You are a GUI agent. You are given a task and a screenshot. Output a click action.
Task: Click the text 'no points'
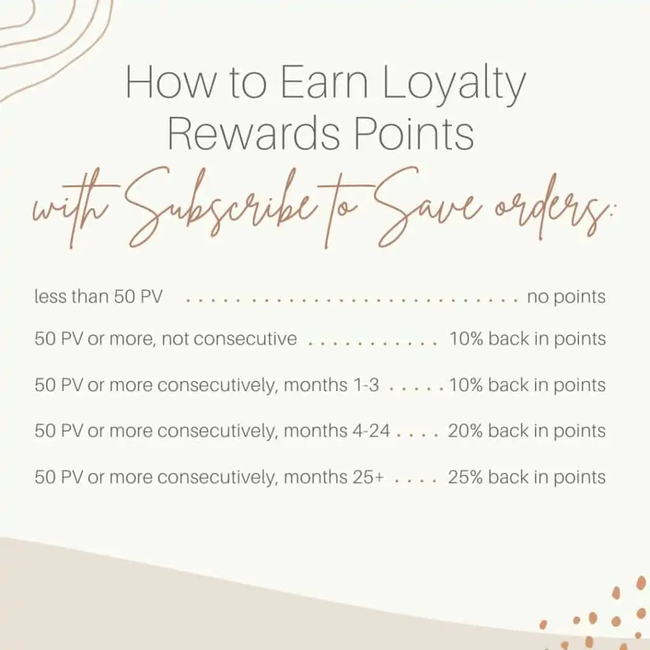click(566, 297)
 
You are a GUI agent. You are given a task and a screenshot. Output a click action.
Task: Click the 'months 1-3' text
click(331, 385)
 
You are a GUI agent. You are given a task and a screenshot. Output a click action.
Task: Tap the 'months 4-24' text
click(337, 431)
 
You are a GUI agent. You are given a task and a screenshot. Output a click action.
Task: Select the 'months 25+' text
click(334, 477)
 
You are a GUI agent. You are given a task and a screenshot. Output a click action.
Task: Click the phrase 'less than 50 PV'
click(98, 297)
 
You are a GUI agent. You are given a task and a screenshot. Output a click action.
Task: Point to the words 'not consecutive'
click(229, 339)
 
